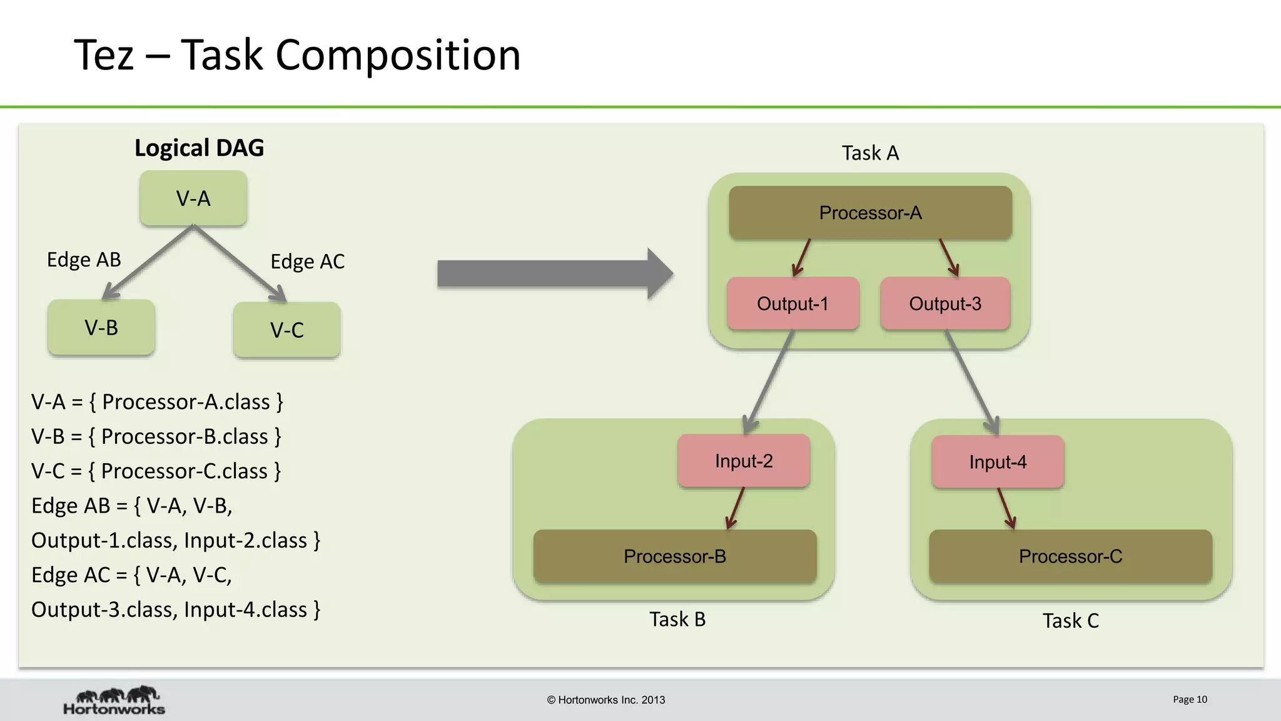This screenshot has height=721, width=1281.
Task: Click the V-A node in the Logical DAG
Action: [193, 198]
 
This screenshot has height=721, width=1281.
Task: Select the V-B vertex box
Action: [101, 327]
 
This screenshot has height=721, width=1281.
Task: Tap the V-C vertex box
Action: [286, 330]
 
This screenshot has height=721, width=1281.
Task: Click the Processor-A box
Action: [870, 213]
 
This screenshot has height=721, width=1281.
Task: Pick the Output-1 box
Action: [792, 304]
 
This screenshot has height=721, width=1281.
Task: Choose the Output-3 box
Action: [945, 304]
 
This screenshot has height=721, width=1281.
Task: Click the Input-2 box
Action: [744, 461]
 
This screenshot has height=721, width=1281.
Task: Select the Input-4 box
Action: [998, 462]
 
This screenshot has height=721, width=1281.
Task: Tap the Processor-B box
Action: [675, 556]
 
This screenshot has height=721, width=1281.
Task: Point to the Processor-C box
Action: [1070, 556]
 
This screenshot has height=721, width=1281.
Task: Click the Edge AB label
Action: [84, 260]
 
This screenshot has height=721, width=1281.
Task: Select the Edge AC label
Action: [307, 262]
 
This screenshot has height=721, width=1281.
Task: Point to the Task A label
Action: [870, 153]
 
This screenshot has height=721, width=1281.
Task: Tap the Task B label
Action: [677, 619]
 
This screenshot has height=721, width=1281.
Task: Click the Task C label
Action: [1070, 621]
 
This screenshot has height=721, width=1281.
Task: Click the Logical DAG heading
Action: [199, 148]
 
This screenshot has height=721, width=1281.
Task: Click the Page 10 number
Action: [1190, 699]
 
